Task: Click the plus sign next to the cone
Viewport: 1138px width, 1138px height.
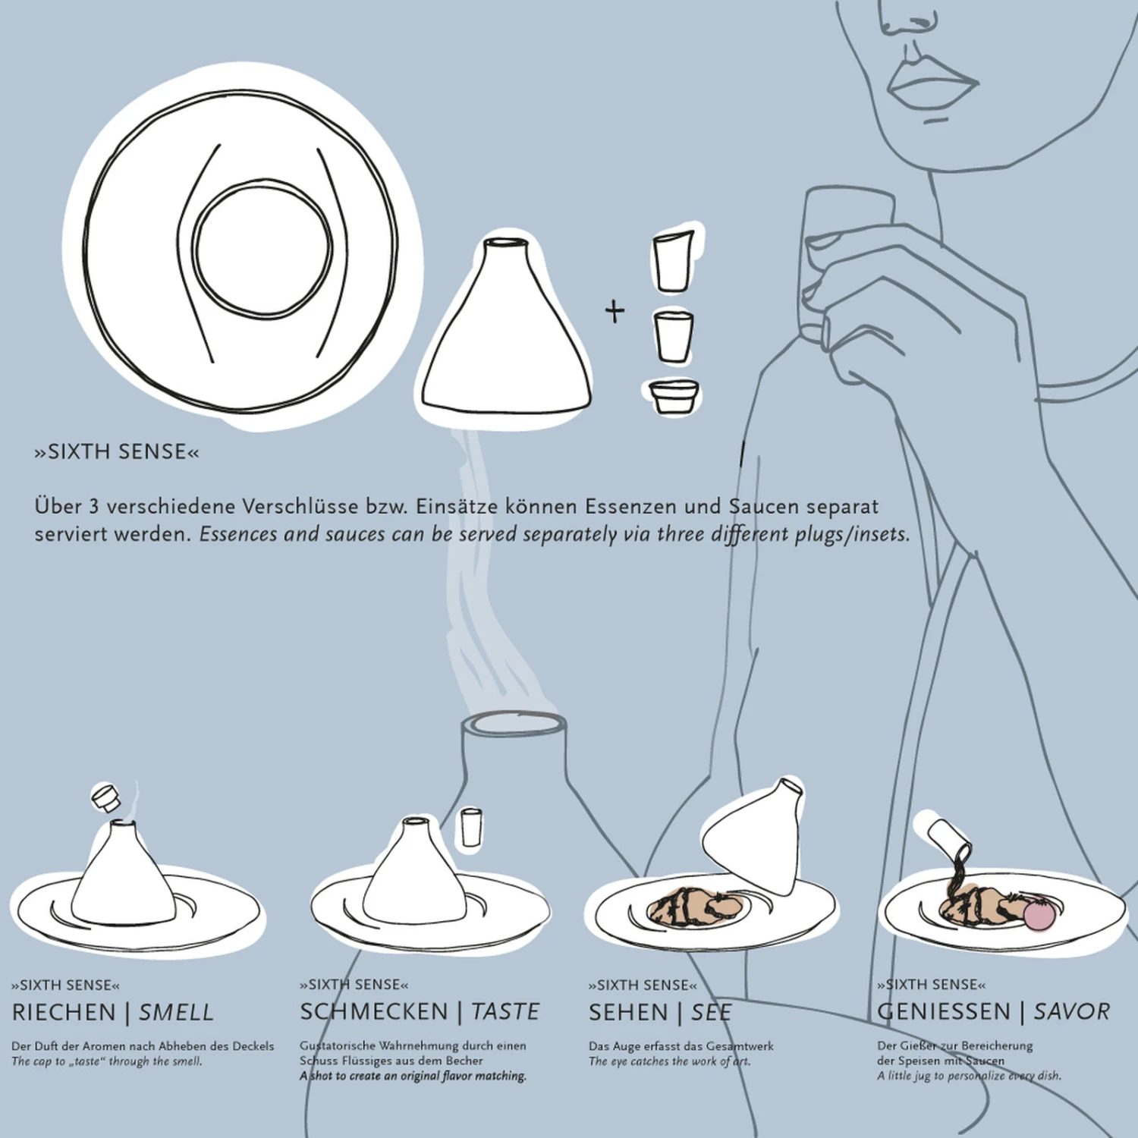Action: pos(615,311)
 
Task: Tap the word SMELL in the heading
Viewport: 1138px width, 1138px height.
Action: pos(176,1012)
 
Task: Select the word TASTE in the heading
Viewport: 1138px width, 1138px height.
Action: pos(505,1011)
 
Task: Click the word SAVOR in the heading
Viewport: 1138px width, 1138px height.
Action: pos(1071,1011)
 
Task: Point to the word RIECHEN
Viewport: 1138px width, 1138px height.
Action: pos(64,1012)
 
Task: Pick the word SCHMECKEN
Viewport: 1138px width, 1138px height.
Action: pos(374,1011)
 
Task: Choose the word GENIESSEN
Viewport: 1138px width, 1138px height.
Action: pos(944,1011)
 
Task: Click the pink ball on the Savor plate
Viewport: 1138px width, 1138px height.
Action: pos(1039,914)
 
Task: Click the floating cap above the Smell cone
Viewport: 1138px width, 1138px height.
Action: pos(105,798)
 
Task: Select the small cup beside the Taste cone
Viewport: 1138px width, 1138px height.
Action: pos(471,827)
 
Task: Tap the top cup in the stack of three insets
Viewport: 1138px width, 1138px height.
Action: pos(673,262)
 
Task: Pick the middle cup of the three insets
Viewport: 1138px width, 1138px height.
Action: pos(673,336)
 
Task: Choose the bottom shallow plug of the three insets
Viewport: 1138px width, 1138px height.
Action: pos(673,395)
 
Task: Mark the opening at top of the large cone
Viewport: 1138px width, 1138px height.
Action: pos(506,244)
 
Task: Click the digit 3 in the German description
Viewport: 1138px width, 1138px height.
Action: pos(92,506)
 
